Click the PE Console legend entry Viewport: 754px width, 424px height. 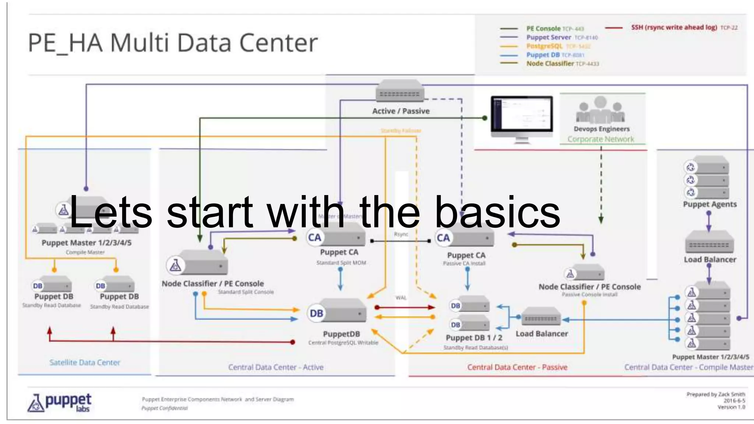coord(543,28)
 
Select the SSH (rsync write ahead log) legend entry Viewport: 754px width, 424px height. coord(674,27)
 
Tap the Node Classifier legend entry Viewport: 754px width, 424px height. coord(550,63)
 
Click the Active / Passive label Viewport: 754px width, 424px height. coord(401,111)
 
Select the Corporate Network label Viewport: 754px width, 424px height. coord(600,139)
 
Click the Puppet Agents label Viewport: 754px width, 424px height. coord(709,204)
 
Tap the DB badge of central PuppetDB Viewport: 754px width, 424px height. coord(316,313)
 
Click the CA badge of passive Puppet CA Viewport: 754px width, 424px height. coord(443,238)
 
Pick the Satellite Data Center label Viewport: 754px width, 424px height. coord(85,363)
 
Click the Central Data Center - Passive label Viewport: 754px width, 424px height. coord(517,367)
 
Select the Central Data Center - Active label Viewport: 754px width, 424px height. coord(275,367)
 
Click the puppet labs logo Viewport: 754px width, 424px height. coord(60,402)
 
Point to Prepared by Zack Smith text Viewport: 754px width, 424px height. coord(715,394)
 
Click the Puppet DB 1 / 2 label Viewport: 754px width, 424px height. coord(473,338)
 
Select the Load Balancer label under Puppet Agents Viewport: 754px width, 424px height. coord(709,259)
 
